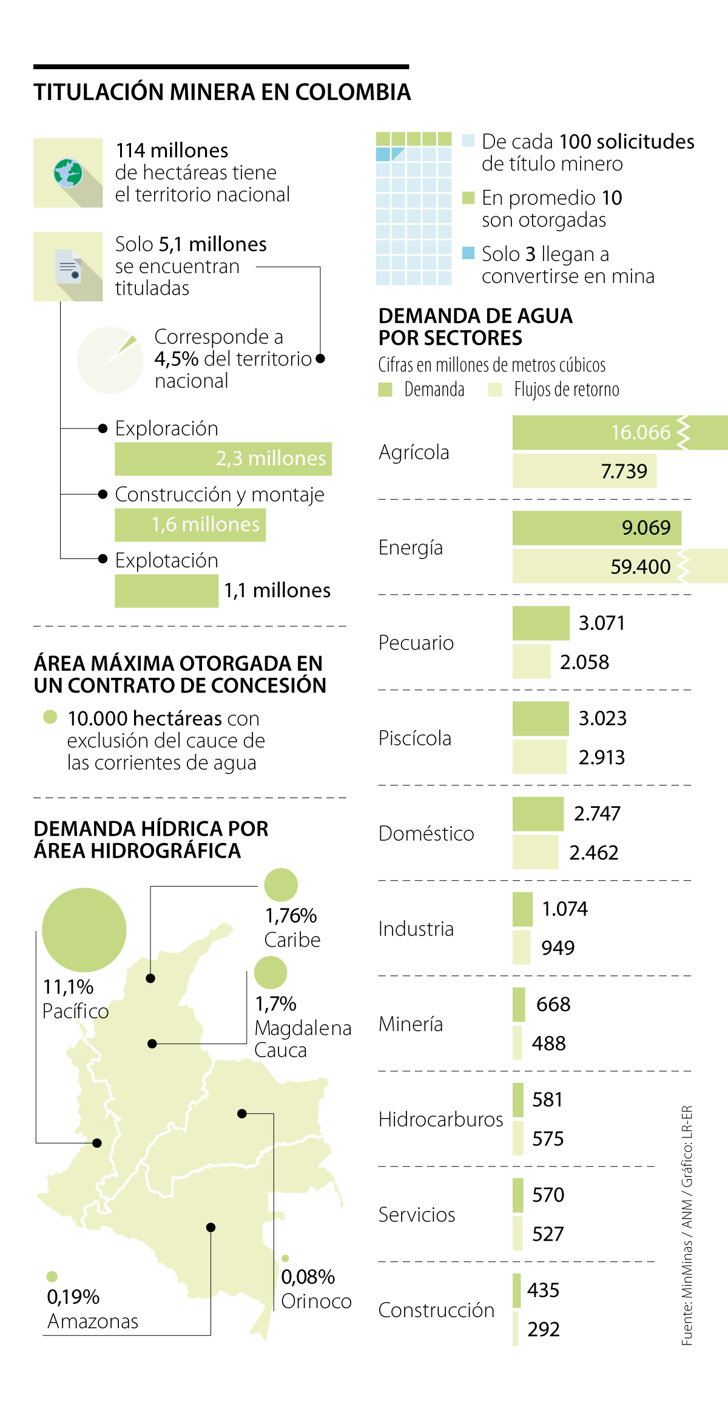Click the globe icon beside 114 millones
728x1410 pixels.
[x=67, y=173]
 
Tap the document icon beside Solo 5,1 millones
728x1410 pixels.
[x=68, y=266]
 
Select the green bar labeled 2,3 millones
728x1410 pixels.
[x=223, y=459]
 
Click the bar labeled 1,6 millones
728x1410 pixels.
[x=190, y=525]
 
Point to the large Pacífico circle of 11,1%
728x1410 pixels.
[x=84, y=929]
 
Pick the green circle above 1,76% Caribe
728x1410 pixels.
[x=281, y=884]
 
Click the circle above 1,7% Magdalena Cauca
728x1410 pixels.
[x=271, y=972]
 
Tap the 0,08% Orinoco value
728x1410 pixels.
[x=308, y=1277]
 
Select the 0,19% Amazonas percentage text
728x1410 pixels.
[x=73, y=1297]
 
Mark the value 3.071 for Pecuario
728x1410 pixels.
[x=601, y=623]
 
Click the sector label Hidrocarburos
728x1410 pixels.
[x=440, y=1119]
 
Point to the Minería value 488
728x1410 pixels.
[x=548, y=1043]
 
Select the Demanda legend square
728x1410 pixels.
[x=385, y=389]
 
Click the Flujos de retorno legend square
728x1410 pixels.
[x=495, y=389]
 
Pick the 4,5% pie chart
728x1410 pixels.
[x=110, y=360]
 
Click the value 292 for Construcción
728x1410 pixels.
[x=543, y=1329]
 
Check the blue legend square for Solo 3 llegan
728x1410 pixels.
[x=468, y=253]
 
